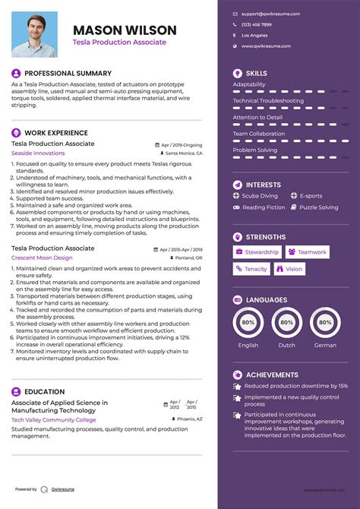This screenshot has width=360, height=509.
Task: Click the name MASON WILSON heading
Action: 125,30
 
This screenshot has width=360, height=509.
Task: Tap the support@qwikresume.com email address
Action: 270,14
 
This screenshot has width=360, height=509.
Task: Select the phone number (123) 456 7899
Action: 256,24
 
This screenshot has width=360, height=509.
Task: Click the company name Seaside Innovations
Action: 38,153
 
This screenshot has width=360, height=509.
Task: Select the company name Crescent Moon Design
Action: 42,258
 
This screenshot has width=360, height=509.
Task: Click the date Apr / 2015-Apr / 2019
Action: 181,248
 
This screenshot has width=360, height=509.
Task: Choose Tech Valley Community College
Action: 53,419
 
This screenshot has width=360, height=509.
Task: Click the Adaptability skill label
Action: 249,84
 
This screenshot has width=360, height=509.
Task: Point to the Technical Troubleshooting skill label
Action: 268,100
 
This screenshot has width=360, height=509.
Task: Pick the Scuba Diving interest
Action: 262,196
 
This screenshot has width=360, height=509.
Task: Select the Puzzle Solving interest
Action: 318,207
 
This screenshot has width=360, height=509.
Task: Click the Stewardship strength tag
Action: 257,252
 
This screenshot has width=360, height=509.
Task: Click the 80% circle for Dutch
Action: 287,322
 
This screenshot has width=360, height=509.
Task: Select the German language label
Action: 324,345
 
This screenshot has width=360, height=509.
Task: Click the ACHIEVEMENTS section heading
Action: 272,375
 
